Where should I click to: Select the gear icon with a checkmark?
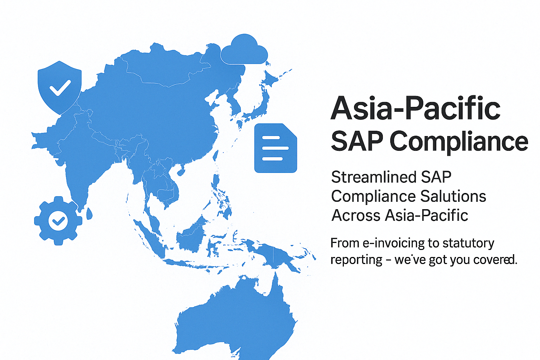coord(58,221)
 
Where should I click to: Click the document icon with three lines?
coord(276,148)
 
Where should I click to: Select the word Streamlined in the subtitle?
coord(374,177)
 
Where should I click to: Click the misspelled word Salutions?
coord(453,196)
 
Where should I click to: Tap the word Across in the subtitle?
coord(355,215)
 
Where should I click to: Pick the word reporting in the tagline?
coord(356,260)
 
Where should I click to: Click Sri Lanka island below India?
coord(89,214)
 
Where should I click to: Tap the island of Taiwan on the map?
coord(216,156)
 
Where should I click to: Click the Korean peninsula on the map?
coord(234,102)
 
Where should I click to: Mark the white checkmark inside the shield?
coord(60,88)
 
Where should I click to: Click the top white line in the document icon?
coord(271,138)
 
